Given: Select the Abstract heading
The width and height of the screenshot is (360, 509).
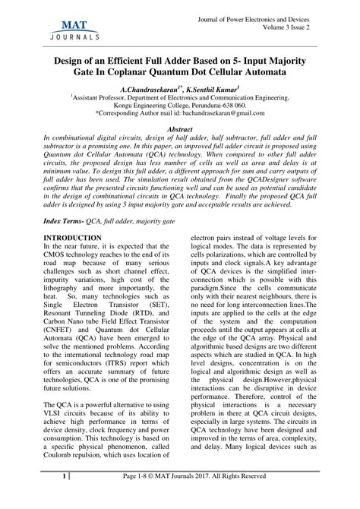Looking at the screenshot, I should click(180, 130).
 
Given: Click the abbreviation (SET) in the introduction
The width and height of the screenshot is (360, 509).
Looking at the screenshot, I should click(155, 302).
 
